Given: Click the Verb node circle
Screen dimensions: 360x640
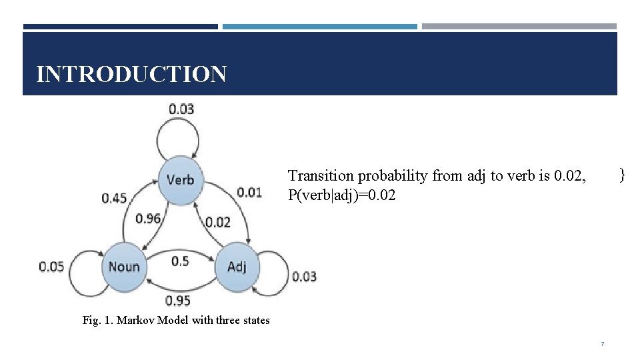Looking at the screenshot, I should [180, 179].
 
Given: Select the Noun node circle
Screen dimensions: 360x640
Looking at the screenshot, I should [124, 267].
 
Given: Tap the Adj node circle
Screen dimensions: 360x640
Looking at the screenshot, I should [237, 267].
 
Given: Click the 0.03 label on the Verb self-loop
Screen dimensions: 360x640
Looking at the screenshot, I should [181, 108].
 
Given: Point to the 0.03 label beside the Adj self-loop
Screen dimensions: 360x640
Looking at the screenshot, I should [304, 276].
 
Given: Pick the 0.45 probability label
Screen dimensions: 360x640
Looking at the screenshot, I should [115, 198].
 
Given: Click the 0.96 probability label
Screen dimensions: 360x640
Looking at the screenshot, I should [148, 218].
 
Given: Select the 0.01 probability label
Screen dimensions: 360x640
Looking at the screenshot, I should [249, 193].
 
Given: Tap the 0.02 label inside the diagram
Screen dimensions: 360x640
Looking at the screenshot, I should [218, 222].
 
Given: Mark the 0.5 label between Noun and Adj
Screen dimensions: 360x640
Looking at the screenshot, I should [180, 261].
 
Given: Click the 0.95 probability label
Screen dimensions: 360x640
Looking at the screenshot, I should [178, 301].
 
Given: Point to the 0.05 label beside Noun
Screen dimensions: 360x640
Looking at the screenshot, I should [51, 267].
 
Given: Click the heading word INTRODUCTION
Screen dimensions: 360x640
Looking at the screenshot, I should [131, 74].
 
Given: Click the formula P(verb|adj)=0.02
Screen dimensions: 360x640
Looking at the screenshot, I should [341, 195].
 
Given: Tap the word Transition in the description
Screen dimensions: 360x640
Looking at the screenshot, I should [321, 176].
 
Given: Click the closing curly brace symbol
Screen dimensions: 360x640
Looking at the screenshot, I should [621, 175].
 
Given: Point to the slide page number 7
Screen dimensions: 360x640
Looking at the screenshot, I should [602, 344].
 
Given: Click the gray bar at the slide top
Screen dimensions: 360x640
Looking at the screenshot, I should [519, 27].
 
